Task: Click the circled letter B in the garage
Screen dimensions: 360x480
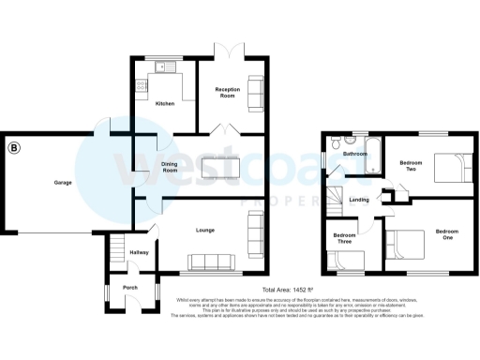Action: [14, 147]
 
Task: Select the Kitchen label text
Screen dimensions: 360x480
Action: [165, 104]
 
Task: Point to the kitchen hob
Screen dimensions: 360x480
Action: [141, 85]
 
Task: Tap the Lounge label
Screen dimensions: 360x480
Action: [205, 229]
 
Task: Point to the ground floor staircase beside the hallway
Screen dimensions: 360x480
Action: [117, 251]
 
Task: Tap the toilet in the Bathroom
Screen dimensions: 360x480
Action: [335, 144]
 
